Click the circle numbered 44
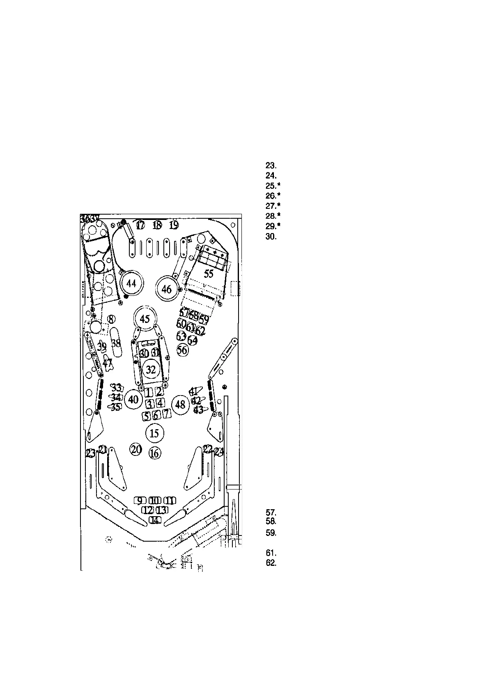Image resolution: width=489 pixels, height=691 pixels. (x=131, y=284)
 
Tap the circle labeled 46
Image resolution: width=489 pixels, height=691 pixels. (x=166, y=289)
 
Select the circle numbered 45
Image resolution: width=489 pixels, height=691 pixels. (x=145, y=319)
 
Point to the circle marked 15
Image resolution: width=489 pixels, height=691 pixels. (x=154, y=433)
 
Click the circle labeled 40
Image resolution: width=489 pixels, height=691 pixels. (x=133, y=399)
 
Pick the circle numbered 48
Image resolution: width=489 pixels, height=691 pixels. (x=180, y=405)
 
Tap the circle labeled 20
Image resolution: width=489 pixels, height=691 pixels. (x=136, y=449)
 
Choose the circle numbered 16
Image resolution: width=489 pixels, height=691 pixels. (x=154, y=453)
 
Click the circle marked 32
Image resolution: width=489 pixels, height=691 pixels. (x=151, y=370)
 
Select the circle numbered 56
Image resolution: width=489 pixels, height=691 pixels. (x=183, y=350)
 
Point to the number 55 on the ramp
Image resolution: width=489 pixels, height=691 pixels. (x=209, y=274)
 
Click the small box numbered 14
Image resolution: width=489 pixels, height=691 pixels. (x=155, y=520)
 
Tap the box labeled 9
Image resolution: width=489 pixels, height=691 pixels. (x=140, y=500)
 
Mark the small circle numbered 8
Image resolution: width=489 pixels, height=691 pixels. (x=111, y=319)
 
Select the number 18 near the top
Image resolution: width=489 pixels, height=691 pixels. (x=157, y=225)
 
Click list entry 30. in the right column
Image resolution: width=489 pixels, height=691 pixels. (x=271, y=236)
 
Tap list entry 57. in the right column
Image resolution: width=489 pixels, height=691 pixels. (x=271, y=512)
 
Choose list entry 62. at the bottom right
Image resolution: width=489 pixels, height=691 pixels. (x=271, y=563)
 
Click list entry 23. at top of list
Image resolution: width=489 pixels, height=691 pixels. (x=271, y=166)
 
